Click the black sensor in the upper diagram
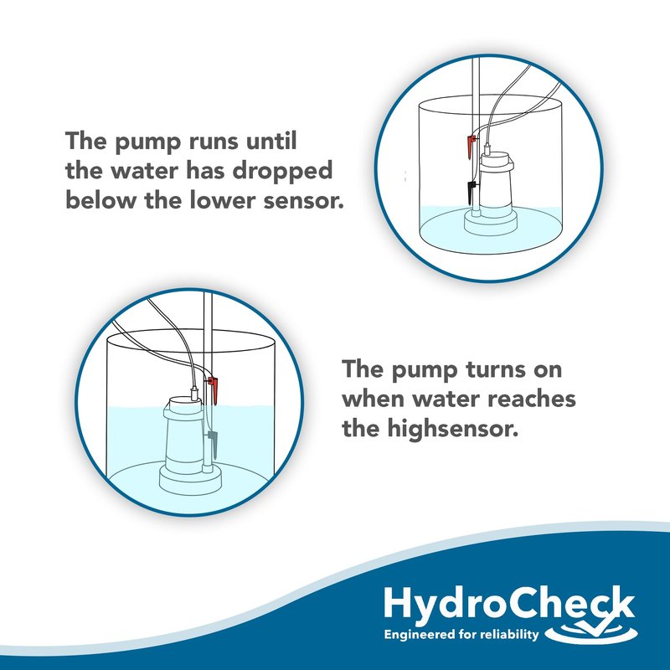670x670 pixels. pyautogui.click(x=472, y=192)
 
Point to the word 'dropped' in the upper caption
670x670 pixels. pyautogui.click(x=282, y=172)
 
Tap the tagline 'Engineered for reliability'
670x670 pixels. pyautogui.click(x=461, y=634)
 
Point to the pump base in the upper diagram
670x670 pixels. pyautogui.click(x=491, y=223)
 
